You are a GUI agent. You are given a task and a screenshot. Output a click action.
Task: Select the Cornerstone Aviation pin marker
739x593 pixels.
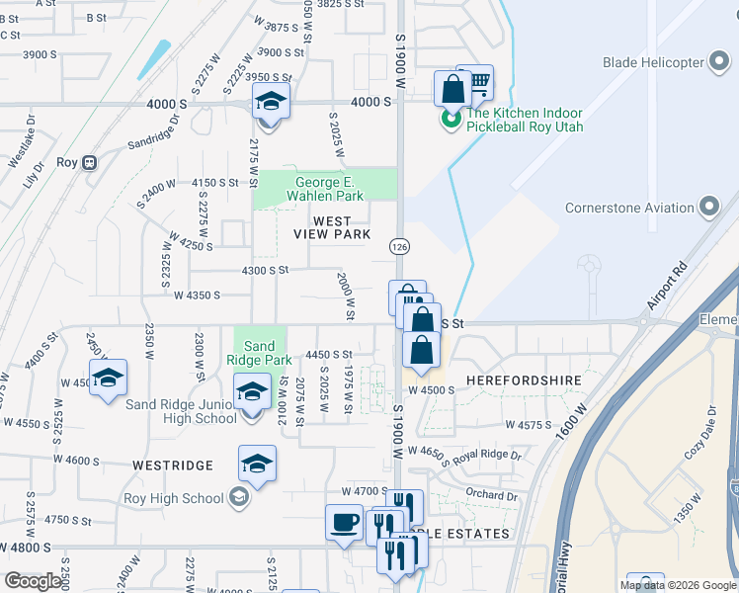click(708, 208)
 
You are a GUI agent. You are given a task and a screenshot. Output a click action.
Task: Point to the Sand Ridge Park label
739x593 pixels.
click(259, 353)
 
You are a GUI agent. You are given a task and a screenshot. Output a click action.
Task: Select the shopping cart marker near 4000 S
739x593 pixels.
click(475, 83)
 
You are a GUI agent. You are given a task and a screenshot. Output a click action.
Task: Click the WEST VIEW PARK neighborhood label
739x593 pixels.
click(332, 227)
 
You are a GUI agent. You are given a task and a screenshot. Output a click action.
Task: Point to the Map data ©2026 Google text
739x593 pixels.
click(678, 585)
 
